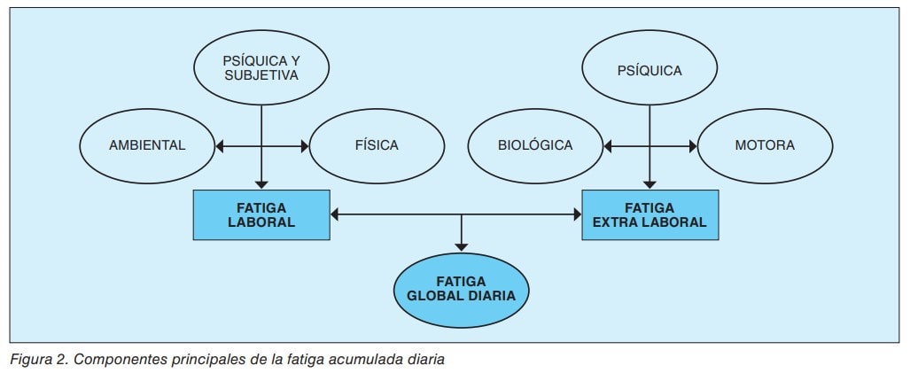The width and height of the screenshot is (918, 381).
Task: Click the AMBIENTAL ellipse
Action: tap(147, 145)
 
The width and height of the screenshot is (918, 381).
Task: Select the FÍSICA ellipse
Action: tap(377, 145)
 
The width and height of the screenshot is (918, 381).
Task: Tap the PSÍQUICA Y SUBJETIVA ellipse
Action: tap(261, 67)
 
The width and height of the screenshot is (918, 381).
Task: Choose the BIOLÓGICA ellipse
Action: tap(534, 145)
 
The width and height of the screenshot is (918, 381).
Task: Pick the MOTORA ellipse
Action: tap(765, 145)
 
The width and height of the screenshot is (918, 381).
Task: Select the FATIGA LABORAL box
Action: tap(261, 214)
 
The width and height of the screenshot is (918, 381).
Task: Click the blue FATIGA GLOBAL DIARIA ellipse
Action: tap(461, 289)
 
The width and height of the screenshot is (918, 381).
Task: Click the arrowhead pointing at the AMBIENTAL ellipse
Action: tap(220, 145)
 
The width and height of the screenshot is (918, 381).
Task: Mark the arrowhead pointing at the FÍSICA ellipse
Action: tap(303, 145)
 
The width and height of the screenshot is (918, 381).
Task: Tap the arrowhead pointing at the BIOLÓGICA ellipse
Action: tap(607, 145)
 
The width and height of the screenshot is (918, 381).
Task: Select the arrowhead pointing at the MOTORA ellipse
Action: tap(691, 145)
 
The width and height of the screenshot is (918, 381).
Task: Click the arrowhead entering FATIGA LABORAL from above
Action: tap(261, 183)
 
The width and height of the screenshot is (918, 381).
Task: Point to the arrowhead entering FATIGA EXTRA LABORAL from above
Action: tap(651, 183)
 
